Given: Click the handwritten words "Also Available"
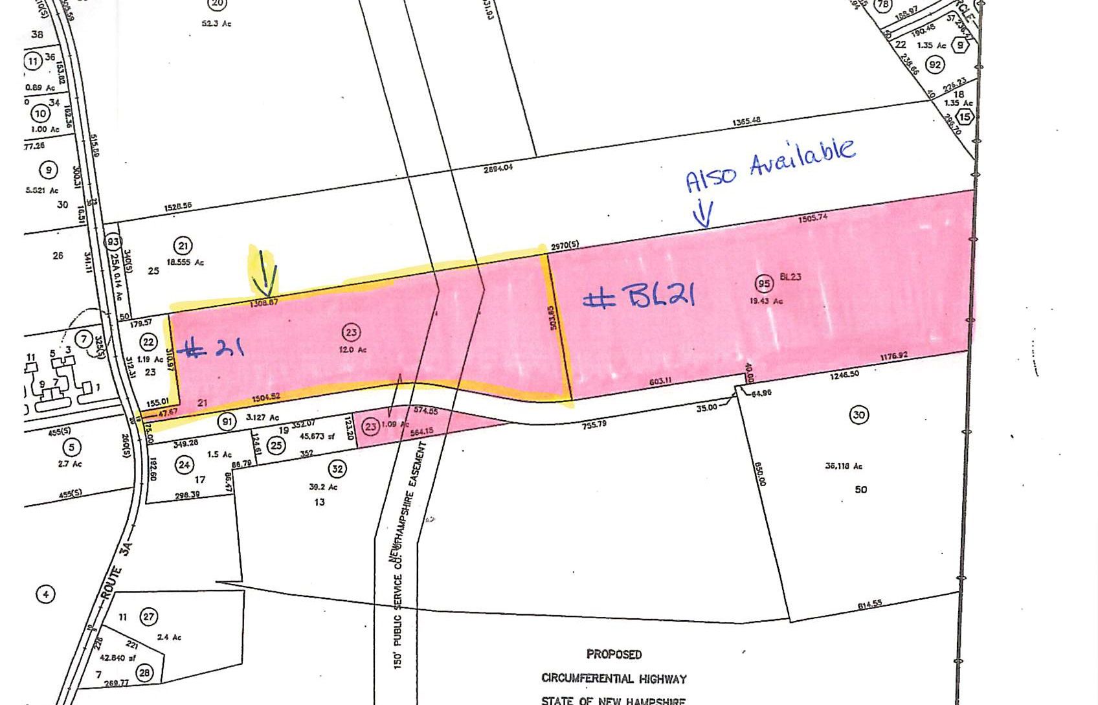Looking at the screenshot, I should (x=770, y=164).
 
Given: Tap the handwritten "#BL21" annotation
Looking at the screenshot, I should (x=640, y=297).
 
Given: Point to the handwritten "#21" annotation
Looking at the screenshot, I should (x=214, y=349).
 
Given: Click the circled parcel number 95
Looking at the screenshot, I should (x=765, y=284).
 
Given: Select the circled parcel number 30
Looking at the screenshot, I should (x=858, y=415).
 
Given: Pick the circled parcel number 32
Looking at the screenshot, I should (x=337, y=469).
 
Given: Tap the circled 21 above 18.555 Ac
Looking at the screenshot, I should (x=183, y=245).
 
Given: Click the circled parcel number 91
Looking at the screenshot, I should (x=227, y=422).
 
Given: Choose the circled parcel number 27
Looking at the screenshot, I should (x=149, y=616).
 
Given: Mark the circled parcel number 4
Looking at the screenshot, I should (x=45, y=594).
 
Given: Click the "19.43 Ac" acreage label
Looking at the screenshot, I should (x=766, y=300).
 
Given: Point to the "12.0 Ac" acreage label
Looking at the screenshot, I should (x=353, y=350).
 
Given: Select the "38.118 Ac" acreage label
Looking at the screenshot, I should (x=844, y=465).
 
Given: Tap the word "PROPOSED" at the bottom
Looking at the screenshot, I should (x=614, y=655).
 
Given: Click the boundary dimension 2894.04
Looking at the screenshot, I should (x=498, y=168).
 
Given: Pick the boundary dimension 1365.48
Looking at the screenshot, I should (x=746, y=122).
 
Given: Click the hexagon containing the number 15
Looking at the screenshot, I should (x=965, y=117).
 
